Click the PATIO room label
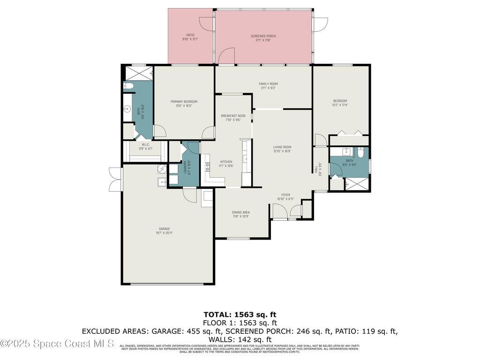click(x=190, y=35)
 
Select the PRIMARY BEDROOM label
click(x=184, y=102)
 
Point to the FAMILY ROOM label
click(x=268, y=84)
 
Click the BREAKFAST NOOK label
click(x=233, y=115)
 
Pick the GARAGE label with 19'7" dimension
click(x=164, y=229)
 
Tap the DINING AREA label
click(x=241, y=212)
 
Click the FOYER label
click(x=285, y=195)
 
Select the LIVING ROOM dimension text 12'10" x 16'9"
click(x=282, y=151)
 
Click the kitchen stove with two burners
click(x=207, y=166)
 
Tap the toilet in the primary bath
click(x=128, y=86)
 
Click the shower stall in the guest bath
click(x=356, y=185)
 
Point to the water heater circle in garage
click(x=162, y=169)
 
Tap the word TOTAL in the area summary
click(x=217, y=314)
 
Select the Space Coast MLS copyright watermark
click(x=57, y=344)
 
